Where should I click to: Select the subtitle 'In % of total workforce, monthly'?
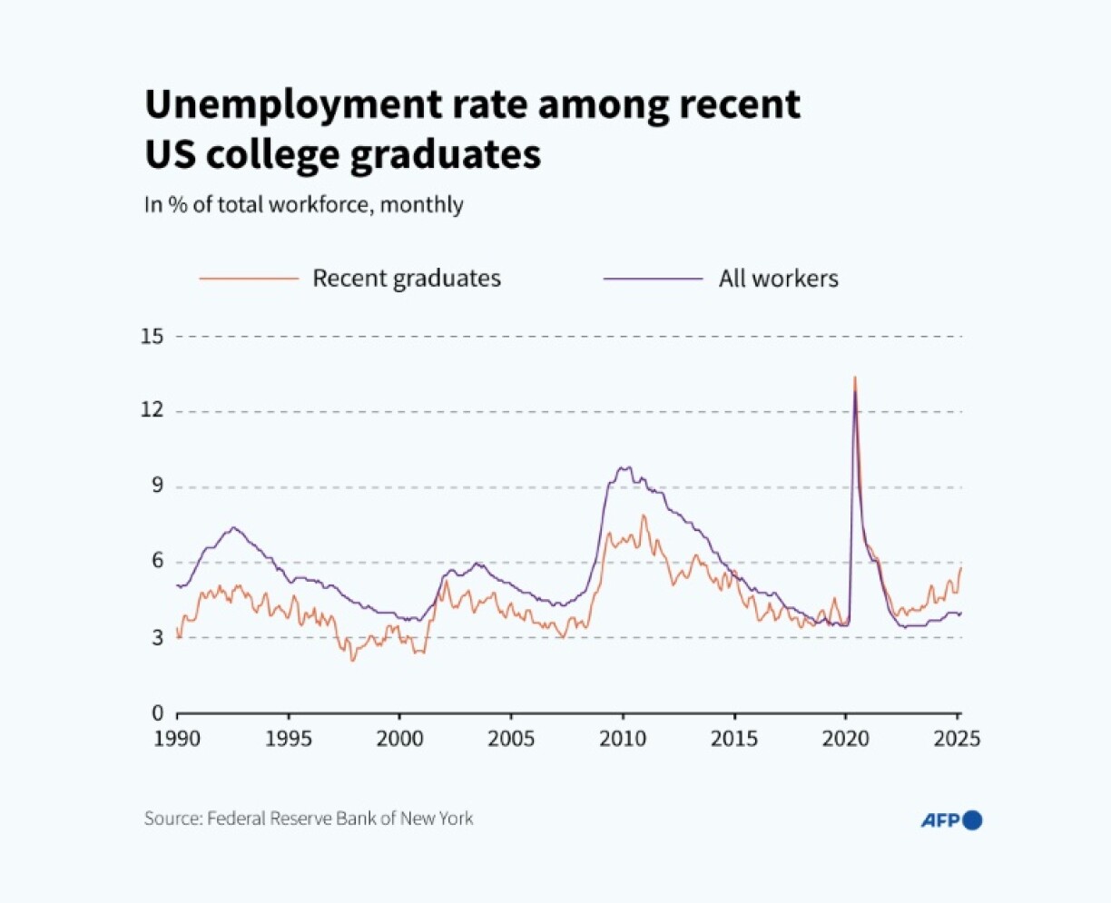(303, 204)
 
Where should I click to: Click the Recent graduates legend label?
(406, 278)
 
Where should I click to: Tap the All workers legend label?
(778, 278)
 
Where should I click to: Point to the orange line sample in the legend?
(249, 278)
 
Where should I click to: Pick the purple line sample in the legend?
(653, 278)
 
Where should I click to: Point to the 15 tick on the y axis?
(152, 336)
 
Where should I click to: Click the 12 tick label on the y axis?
(152, 410)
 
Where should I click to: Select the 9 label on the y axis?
(157, 486)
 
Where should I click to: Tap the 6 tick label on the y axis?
(157, 561)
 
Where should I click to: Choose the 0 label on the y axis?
(157, 712)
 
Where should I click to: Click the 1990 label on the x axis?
(177, 739)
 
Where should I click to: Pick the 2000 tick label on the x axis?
(399, 739)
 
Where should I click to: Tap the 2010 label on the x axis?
(623, 739)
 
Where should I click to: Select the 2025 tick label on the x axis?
(957, 739)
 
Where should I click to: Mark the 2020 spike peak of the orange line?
(854, 378)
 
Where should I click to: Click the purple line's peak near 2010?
(624, 467)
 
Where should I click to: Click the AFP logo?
(951, 820)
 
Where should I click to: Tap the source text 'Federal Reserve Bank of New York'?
(340, 818)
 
